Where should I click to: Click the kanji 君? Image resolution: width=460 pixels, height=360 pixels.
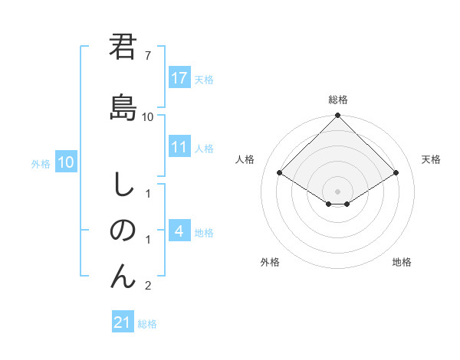(122, 47)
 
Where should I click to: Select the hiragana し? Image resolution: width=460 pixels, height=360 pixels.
(122, 184)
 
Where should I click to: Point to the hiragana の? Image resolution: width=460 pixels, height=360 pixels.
(122, 231)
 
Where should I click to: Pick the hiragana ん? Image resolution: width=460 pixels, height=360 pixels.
(122, 276)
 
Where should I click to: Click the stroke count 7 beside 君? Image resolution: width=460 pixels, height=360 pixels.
(147, 56)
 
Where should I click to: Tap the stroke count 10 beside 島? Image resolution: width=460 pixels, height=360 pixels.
(148, 116)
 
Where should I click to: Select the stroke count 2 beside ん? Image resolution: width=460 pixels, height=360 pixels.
(147, 286)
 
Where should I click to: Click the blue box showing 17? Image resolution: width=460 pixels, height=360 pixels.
(179, 78)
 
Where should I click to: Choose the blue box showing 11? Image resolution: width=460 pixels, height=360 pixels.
(179, 146)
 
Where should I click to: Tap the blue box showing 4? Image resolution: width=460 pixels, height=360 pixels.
(179, 231)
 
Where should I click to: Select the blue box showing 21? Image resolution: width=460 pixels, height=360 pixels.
(122, 322)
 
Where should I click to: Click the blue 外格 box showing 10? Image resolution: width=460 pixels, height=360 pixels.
(66, 162)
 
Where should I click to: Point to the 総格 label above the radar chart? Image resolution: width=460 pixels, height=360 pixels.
(337, 100)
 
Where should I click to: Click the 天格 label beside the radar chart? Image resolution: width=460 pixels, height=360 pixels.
(431, 159)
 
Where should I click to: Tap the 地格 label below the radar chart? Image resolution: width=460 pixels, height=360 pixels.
(402, 262)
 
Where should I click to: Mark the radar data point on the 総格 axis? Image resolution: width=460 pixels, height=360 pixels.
(337, 116)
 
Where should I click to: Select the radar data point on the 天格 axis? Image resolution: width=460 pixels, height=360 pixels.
(396, 173)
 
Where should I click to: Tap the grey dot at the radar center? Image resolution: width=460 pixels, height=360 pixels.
(337, 191)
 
